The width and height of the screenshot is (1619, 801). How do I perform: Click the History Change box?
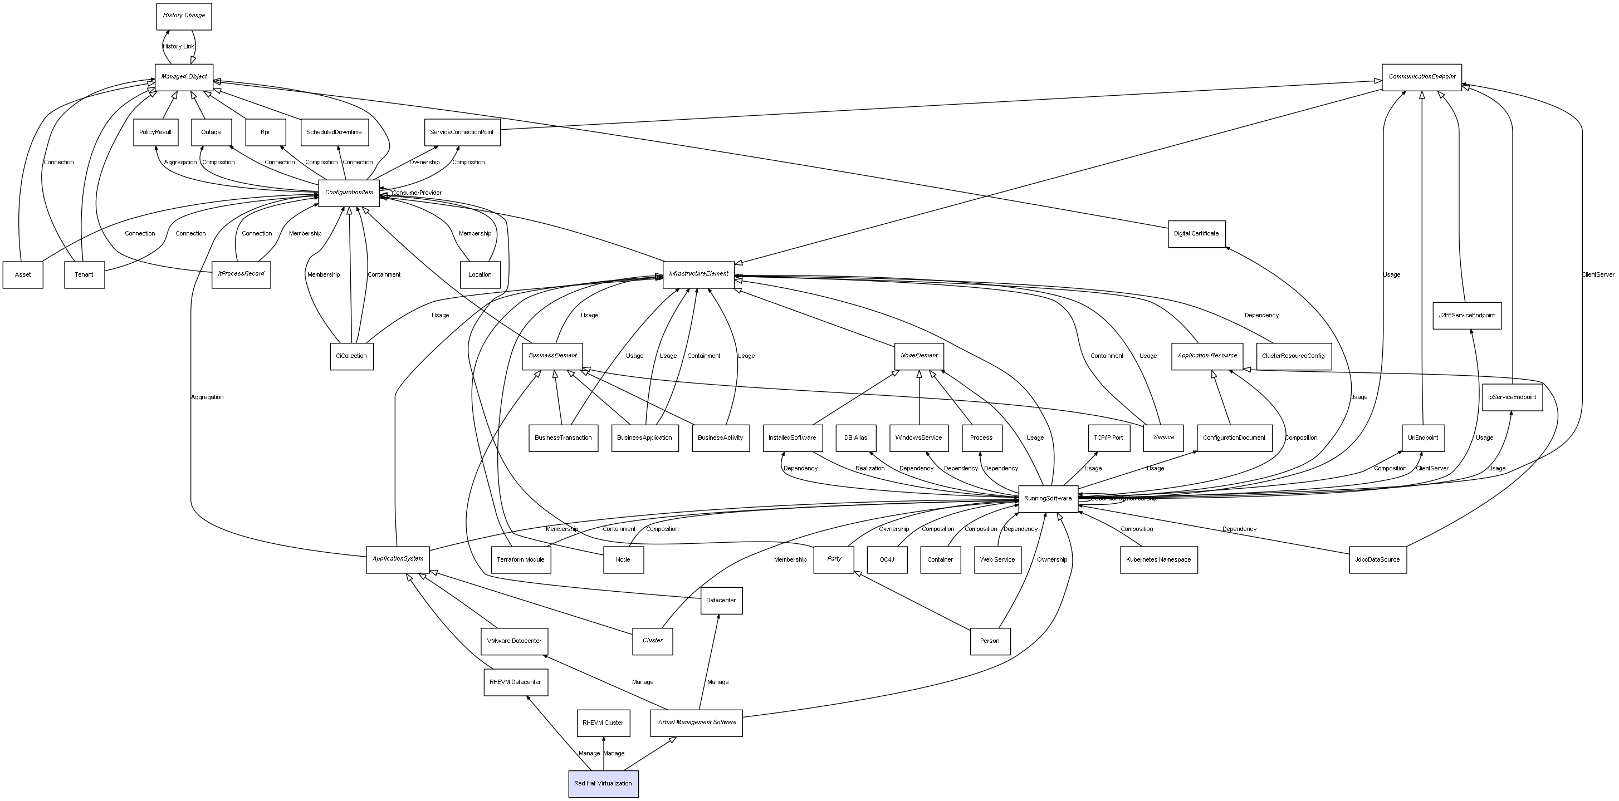(184, 16)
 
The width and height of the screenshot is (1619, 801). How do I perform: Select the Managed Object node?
(184, 77)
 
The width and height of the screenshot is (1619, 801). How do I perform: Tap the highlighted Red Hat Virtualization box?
(603, 783)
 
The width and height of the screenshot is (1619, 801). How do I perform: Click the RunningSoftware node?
(1048, 499)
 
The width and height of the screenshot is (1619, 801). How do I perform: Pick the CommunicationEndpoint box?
(1422, 77)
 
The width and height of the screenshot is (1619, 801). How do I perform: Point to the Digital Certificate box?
(1196, 234)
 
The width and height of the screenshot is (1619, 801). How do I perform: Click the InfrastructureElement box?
(698, 274)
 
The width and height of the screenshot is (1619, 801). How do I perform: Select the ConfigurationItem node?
(349, 193)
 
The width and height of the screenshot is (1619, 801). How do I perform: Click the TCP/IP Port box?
(1108, 438)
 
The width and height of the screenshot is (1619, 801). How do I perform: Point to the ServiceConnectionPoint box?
(462, 132)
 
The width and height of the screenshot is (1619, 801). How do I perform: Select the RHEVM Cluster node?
(603, 723)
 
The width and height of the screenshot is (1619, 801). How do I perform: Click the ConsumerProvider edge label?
(417, 193)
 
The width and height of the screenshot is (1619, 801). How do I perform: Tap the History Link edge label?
(178, 47)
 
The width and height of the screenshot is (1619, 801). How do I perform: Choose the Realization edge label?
(870, 469)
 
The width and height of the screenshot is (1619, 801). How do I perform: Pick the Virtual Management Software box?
(696, 723)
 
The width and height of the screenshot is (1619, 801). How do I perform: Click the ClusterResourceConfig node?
(1293, 356)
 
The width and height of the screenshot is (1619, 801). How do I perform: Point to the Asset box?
(23, 275)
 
